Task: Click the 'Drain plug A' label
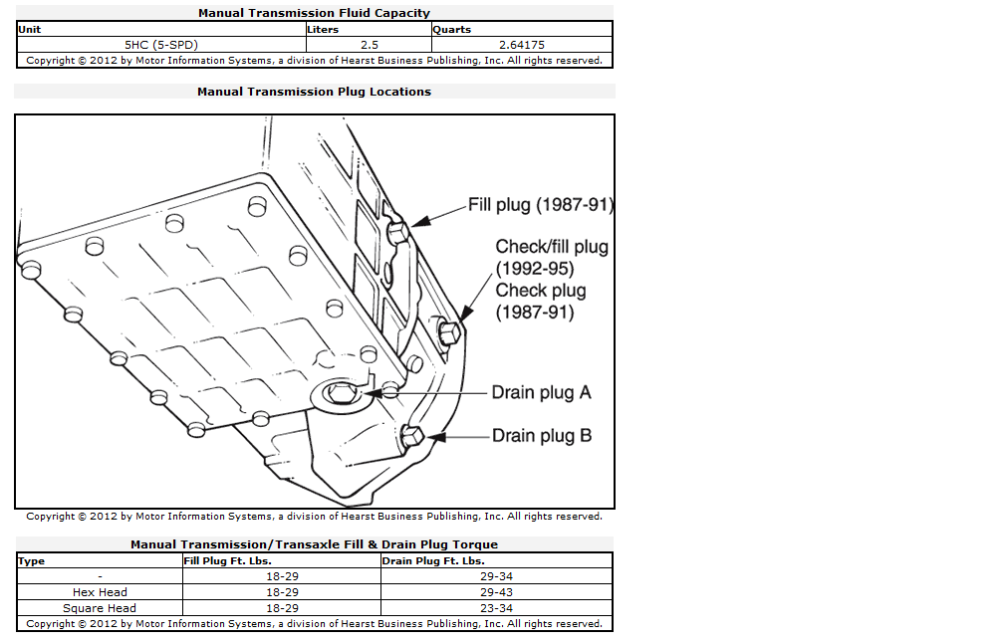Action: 541,392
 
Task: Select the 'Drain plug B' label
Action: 542,436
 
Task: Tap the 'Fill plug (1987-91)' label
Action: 541,205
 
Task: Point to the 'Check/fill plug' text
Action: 552,247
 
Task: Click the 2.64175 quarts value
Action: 522,45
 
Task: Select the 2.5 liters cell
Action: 370,45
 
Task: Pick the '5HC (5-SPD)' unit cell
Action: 161,45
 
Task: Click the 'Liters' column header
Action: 323,30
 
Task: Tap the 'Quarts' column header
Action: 452,30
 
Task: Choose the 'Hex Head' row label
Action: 100,592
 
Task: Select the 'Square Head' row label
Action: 100,608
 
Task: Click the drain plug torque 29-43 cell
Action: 496,592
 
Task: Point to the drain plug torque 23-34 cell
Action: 496,608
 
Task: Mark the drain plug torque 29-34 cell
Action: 496,576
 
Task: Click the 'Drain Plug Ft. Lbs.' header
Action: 433,560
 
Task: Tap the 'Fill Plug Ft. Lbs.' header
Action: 228,560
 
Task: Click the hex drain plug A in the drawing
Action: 341,392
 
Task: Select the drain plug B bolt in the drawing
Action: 411,436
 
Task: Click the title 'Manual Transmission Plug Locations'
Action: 315,92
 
